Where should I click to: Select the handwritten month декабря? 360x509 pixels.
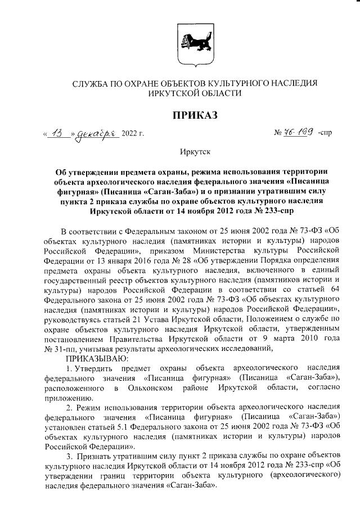[x=95, y=134]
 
